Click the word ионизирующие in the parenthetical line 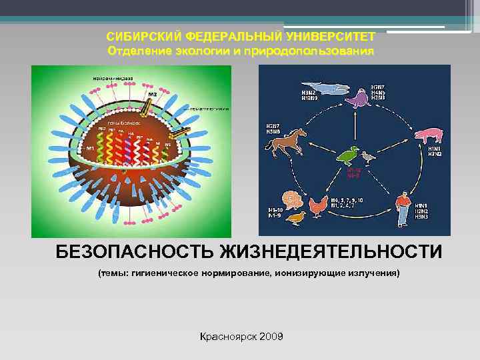click(x=305, y=274)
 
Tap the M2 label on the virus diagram click(x=151, y=95)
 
